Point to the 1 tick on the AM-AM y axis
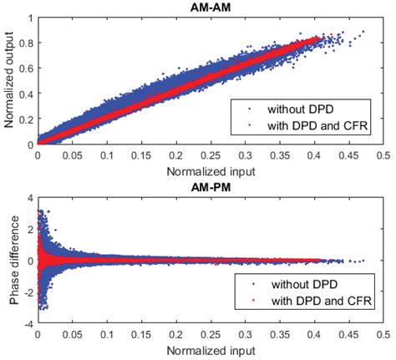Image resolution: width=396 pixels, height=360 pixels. click(30, 17)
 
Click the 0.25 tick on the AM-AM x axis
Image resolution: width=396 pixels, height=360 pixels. click(211, 155)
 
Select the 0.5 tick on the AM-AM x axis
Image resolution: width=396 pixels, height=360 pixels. click(383, 155)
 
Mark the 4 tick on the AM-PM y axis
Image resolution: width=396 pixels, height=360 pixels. click(30, 197)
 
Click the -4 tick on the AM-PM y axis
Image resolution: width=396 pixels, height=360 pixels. click(28, 324)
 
